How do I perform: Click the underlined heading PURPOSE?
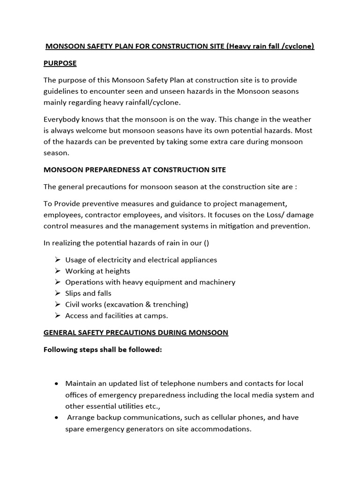tap(60, 63)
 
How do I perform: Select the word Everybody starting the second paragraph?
tap(63, 119)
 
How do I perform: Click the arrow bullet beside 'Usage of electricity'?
tap(58, 260)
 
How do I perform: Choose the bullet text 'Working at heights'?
tap(97, 271)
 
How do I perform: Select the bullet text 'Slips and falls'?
tap(88, 293)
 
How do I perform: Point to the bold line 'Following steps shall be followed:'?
tap(102, 350)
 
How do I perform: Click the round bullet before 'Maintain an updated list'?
tap(56, 383)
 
